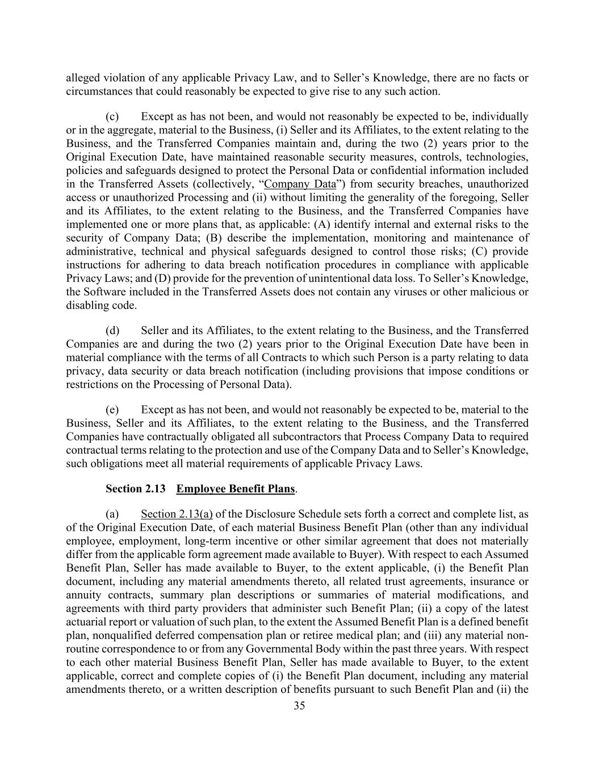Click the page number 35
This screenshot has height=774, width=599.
(299, 706)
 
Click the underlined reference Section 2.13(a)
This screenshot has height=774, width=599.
(177, 514)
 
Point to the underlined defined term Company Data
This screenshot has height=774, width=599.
(300, 184)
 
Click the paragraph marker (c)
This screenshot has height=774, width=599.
(112, 116)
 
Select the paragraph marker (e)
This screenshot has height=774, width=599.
(112, 409)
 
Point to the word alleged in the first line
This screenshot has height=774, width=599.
(83, 78)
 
